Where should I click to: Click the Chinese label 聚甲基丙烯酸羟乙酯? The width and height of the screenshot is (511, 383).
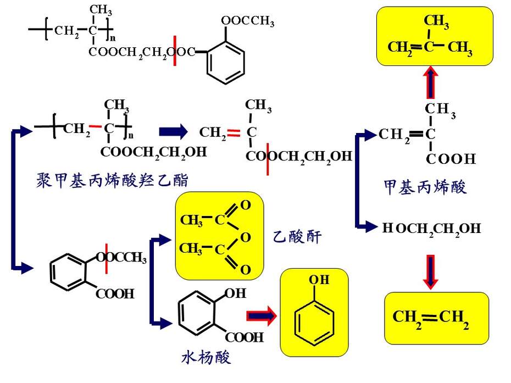point(112,180)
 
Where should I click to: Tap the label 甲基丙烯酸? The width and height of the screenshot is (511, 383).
point(425,187)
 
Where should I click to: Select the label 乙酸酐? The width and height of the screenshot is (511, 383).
point(297,236)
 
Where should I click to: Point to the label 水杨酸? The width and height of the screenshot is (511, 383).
point(206,357)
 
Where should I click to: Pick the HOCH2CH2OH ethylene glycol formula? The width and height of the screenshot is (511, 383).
point(431,229)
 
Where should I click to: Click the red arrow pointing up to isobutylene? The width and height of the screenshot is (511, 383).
point(431,82)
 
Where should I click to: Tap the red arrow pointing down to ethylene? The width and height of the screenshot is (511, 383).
point(431,272)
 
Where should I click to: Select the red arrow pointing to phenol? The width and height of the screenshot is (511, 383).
point(262,315)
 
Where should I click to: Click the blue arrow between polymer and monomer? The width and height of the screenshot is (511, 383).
point(174,132)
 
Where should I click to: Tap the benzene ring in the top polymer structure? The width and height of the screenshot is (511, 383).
point(225,63)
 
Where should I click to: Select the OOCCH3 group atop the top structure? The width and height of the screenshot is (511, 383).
point(248,21)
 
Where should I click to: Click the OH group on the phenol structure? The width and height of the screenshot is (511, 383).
point(319,280)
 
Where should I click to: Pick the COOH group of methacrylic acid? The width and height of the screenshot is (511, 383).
point(451,159)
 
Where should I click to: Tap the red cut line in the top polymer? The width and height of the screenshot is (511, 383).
point(175,51)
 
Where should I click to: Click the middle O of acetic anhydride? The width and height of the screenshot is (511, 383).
point(246,237)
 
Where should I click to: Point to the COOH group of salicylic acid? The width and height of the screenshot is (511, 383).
point(244,337)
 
